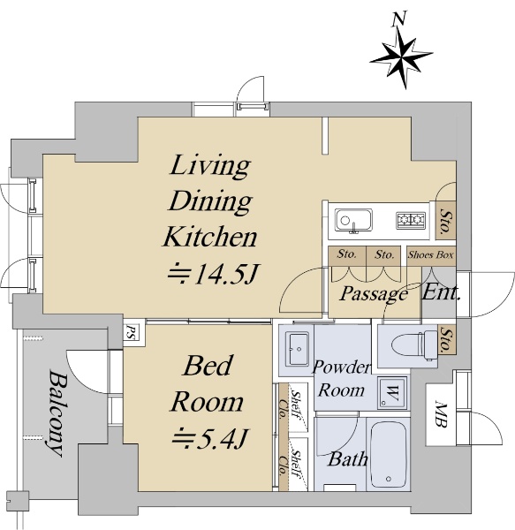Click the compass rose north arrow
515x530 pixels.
[401, 57]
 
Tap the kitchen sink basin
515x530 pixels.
[353, 220]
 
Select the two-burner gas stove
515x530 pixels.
[411, 219]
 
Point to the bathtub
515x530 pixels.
[389, 455]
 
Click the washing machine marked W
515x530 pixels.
[392, 393]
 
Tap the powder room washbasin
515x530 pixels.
[297, 349]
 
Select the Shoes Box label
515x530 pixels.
[430, 254]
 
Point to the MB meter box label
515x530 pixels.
[440, 413]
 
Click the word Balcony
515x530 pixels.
[55, 413]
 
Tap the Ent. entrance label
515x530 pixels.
[442, 292]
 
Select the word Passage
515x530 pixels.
[374, 293]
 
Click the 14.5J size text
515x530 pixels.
[213, 273]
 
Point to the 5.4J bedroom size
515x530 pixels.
[210, 439]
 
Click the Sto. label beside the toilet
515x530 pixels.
[447, 339]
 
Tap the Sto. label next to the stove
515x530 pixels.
[446, 221]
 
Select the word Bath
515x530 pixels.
[348, 459]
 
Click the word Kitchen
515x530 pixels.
[210, 237]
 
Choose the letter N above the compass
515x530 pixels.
[398, 19]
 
